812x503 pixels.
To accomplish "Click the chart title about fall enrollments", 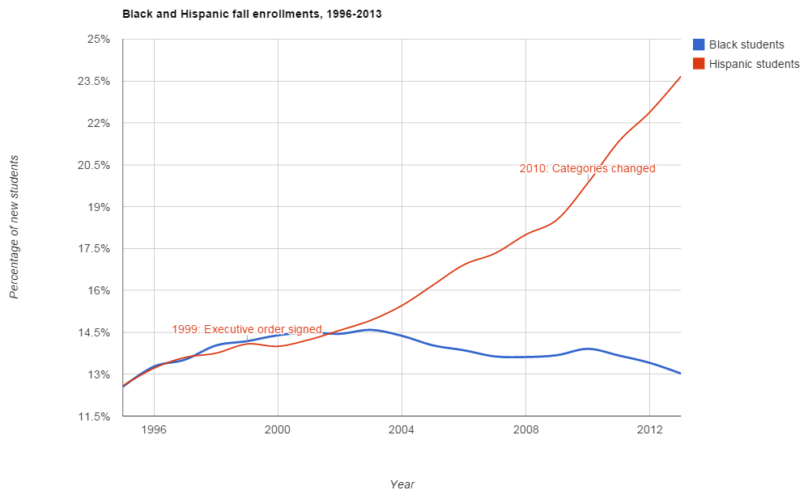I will (252, 15).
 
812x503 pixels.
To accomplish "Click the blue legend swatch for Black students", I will (699, 44).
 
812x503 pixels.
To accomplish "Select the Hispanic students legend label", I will (754, 64).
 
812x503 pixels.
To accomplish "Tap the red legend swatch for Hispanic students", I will (699, 64).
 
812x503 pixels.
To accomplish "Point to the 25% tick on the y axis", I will (98, 40).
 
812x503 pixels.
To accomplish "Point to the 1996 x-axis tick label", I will (154, 429).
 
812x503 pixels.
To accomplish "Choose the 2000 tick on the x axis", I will (278, 429).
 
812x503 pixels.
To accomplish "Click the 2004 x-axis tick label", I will (402, 429).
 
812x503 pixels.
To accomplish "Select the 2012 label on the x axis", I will (649, 429).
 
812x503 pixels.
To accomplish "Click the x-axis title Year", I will (402, 484).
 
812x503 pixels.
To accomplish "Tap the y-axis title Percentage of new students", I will (14, 226).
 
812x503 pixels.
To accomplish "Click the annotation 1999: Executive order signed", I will (247, 329).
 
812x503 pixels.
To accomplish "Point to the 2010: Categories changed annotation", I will (587, 169).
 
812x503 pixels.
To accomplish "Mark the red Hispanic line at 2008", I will (526, 234).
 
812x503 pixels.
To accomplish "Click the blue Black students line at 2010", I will (588, 349).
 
